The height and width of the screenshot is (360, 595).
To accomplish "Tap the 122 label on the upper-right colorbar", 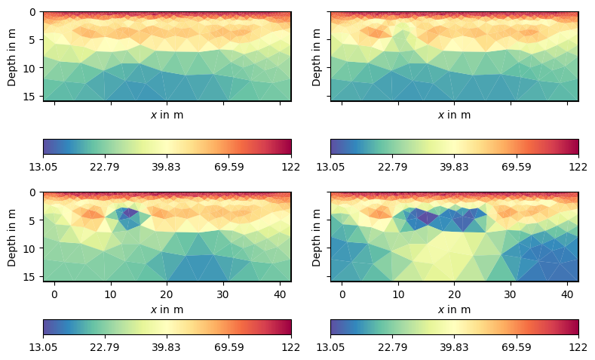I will click(x=578, y=167).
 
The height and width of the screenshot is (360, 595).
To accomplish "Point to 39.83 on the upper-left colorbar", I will click(x=167, y=167).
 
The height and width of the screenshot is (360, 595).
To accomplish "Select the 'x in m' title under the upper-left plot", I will click(x=167, y=115).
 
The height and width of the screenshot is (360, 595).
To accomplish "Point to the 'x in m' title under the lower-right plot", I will click(x=454, y=309).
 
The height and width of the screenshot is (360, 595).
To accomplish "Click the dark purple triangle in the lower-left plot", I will click(x=127, y=214).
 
